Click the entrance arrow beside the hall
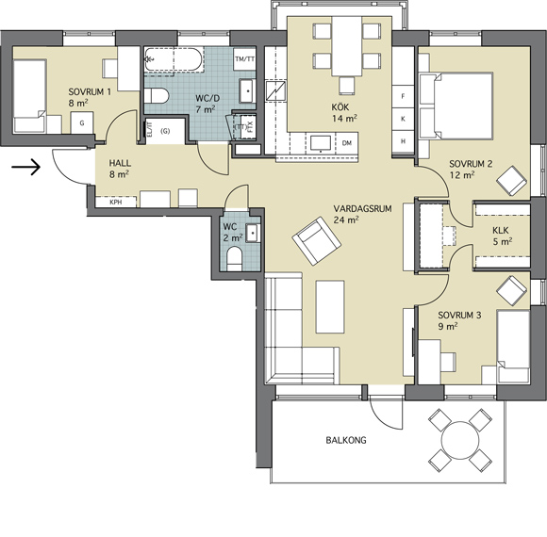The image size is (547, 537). click(25, 168)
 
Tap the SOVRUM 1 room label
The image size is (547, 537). click(90, 92)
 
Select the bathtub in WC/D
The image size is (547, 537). click(174, 59)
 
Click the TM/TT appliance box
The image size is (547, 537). click(244, 59)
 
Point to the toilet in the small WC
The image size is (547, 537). click(235, 259)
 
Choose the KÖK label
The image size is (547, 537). click(340, 107)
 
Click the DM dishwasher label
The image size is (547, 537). click(347, 143)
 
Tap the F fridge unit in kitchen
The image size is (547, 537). click(404, 96)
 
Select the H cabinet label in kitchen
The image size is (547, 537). click(404, 141)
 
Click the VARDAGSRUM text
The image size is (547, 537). click(362, 209)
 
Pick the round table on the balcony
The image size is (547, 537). click(460, 440)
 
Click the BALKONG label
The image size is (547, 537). click(346, 440)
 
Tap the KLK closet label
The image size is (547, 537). click(501, 230)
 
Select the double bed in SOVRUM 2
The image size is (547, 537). click(456, 106)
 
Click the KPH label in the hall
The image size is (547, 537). click(116, 203)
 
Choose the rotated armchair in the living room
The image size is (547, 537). click(316, 241)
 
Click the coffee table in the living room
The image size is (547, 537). click(330, 307)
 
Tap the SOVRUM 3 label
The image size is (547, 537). click(459, 315)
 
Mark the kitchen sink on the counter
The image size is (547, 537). click(321, 144)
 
